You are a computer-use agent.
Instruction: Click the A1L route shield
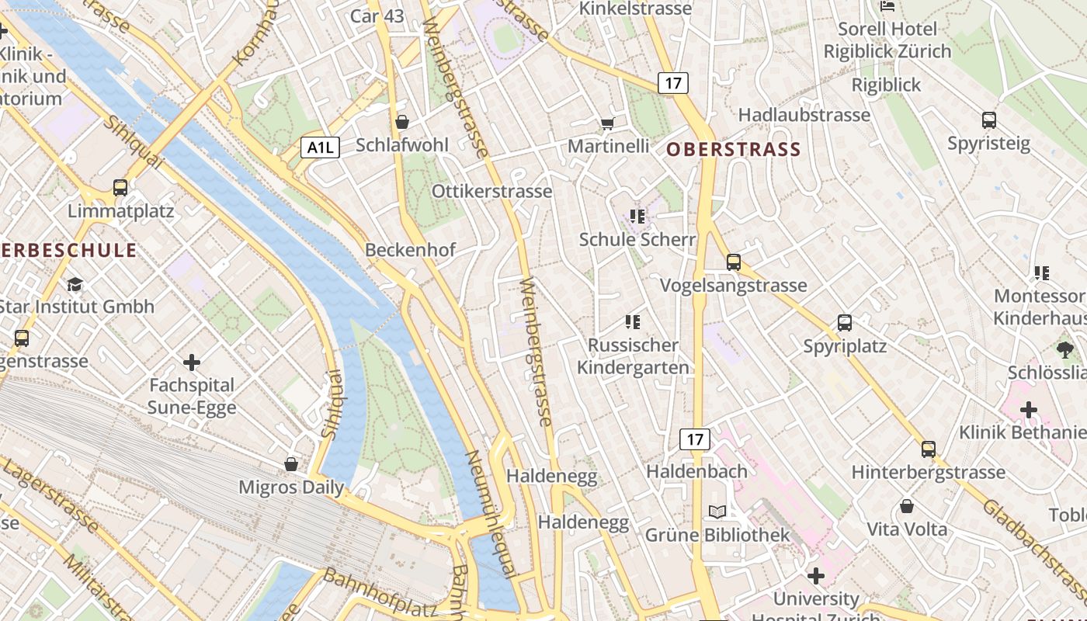[x=321, y=147]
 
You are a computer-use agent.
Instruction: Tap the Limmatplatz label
[x=120, y=211]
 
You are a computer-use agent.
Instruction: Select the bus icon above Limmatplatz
[x=120, y=187]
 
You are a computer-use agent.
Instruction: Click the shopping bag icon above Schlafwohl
[x=402, y=122]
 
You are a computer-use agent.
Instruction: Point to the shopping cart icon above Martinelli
[x=608, y=123]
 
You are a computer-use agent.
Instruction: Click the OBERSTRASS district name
[x=734, y=150]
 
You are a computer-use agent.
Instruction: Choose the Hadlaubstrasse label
[x=804, y=115]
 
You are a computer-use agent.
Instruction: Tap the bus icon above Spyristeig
[x=989, y=120]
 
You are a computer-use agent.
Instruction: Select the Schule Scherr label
[x=637, y=240]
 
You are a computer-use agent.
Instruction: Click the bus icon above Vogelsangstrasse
[x=734, y=262]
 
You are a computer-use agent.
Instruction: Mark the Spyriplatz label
[x=845, y=346]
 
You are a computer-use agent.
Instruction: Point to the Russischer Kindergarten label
[x=634, y=356]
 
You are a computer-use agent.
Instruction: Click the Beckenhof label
[x=410, y=250]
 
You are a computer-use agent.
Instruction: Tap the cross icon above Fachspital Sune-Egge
[x=192, y=362]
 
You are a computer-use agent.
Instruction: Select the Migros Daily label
[x=291, y=487]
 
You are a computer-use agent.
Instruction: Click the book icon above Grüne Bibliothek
[x=717, y=512]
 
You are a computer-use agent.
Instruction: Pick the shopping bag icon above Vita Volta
[x=907, y=507]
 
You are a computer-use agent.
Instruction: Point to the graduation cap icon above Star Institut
[x=75, y=284]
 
